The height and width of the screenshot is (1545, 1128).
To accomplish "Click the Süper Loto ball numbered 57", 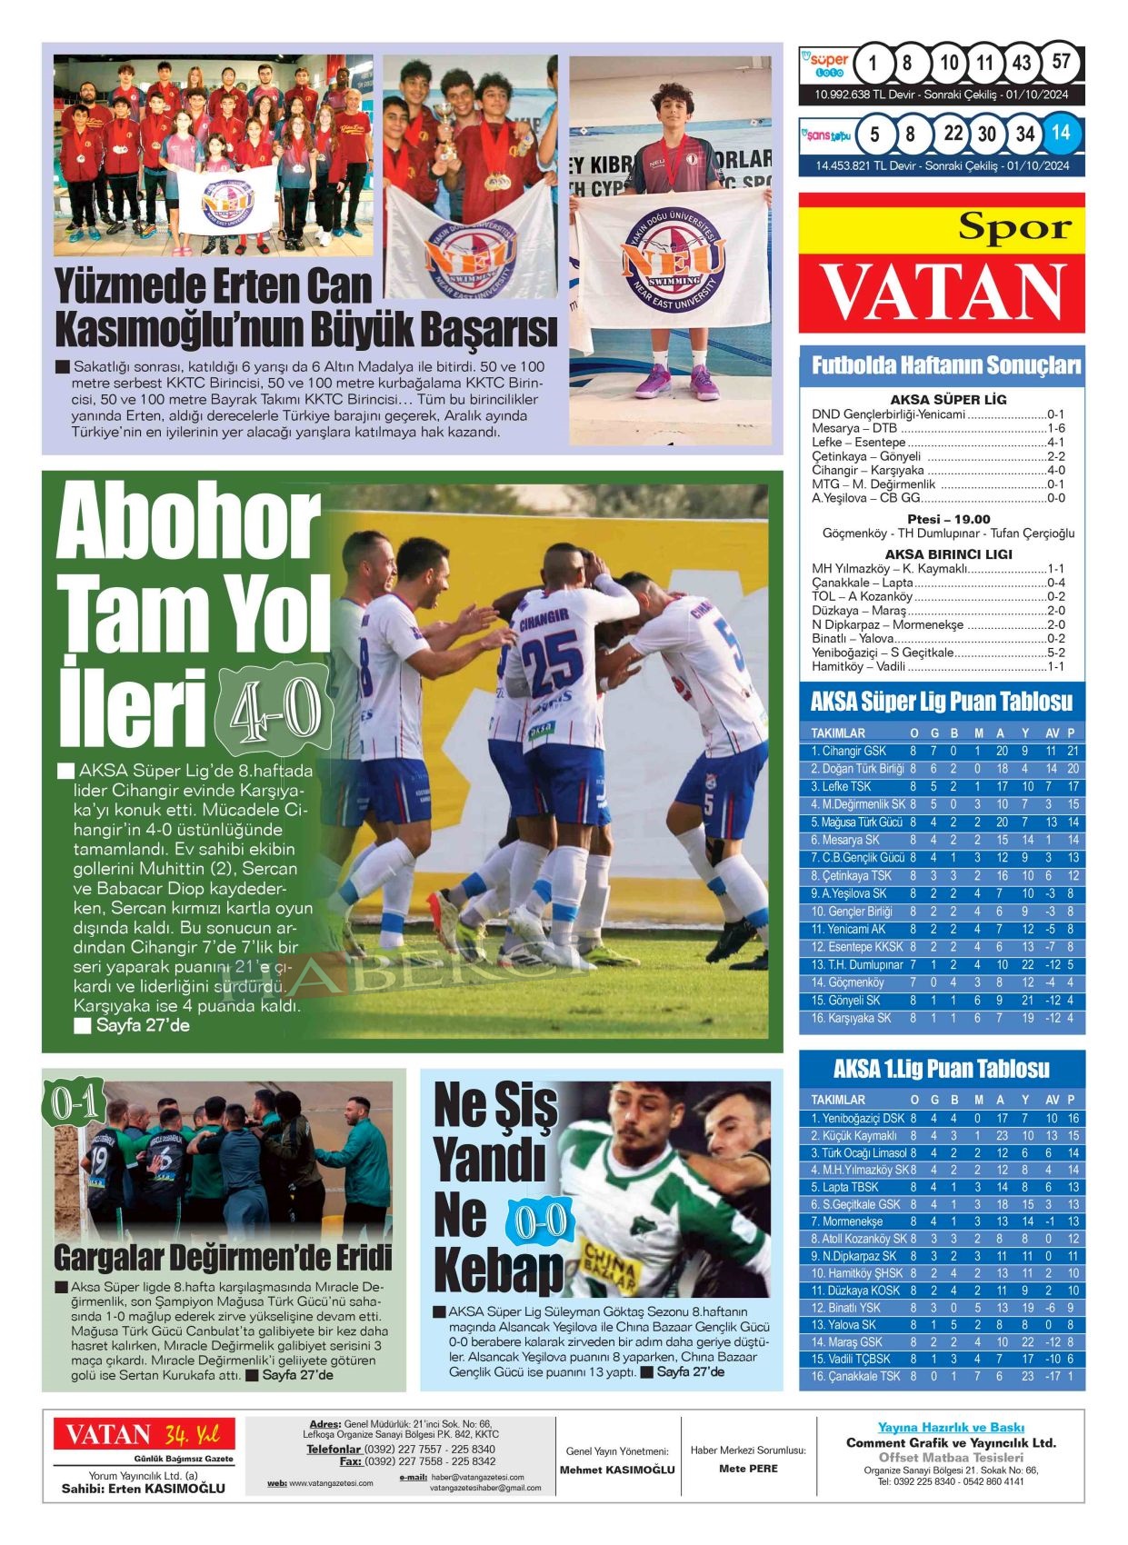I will [1061, 64].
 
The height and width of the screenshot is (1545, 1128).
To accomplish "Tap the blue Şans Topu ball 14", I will [1060, 134].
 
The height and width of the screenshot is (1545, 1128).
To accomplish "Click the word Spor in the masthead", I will [1015, 227].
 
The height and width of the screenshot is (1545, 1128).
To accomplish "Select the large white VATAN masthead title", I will [942, 293].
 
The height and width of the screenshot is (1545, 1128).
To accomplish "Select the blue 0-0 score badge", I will [541, 1222].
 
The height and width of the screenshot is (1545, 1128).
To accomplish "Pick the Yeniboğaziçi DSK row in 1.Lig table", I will [857, 1118].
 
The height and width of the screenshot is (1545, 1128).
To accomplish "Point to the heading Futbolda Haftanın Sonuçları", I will [945, 365].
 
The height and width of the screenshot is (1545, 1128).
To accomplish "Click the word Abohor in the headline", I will [188, 526].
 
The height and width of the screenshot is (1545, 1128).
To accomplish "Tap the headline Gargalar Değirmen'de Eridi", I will [223, 1257].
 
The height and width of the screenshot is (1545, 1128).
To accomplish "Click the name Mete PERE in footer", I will [748, 1468].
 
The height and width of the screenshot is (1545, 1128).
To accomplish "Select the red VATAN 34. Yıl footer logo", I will [143, 1434].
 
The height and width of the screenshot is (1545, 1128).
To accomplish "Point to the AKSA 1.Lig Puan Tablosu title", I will [941, 1068].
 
